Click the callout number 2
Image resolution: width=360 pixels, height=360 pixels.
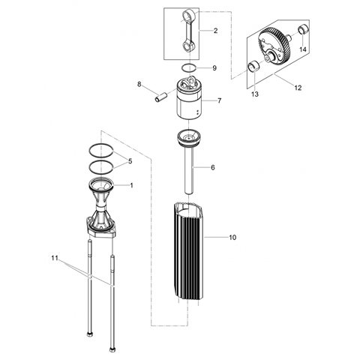click(215, 31)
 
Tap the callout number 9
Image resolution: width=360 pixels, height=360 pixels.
click(214, 68)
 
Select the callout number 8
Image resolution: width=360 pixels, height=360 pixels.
click(139, 84)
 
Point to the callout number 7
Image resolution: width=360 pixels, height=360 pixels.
click(219, 100)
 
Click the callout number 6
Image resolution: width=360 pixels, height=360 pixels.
click(213, 167)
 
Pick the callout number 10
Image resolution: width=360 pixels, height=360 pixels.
click(232, 237)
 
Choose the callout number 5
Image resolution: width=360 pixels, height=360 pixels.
click(130, 161)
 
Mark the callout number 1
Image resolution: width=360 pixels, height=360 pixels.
click(131, 185)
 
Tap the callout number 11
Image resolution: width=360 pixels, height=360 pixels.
click(55, 258)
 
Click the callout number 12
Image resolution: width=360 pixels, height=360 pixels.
click(298, 88)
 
